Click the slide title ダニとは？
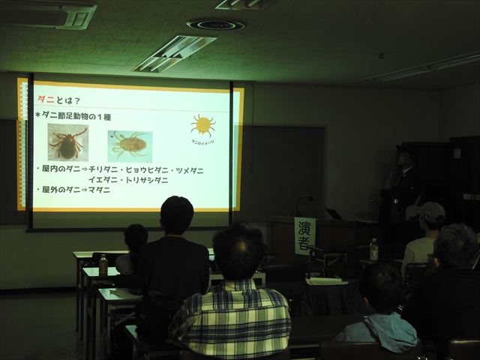coord(60,100)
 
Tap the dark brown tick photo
coord(67,142)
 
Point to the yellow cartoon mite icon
coord(202,124)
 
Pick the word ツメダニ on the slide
coord(188,170)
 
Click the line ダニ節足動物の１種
coord(82,115)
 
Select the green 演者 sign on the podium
coord(304,235)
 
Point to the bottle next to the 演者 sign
coord(373,250)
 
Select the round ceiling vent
coord(215,25)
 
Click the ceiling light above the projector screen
coord(175,53)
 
